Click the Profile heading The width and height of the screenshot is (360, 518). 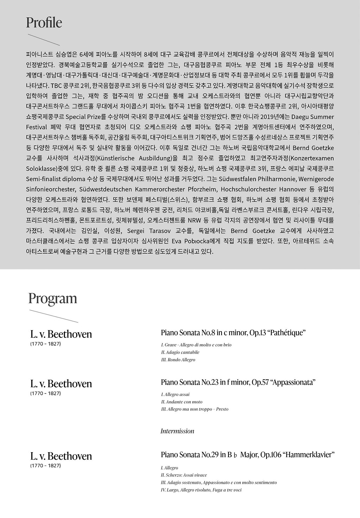(44, 23)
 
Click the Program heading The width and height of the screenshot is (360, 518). (53, 298)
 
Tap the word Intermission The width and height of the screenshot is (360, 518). (177, 431)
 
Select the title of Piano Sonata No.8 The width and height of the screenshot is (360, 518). (233, 333)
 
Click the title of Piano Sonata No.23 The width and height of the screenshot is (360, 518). (238, 382)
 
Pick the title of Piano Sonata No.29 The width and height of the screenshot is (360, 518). (247, 455)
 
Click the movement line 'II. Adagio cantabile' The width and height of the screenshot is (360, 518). (180, 352)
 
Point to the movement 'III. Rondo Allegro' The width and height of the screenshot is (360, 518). (178, 360)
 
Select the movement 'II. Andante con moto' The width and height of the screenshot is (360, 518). (181, 402)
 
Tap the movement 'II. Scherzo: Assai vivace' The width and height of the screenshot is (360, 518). (184, 475)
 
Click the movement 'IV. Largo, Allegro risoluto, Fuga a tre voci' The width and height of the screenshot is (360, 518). (201, 490)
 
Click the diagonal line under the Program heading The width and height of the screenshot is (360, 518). (54, 316)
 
